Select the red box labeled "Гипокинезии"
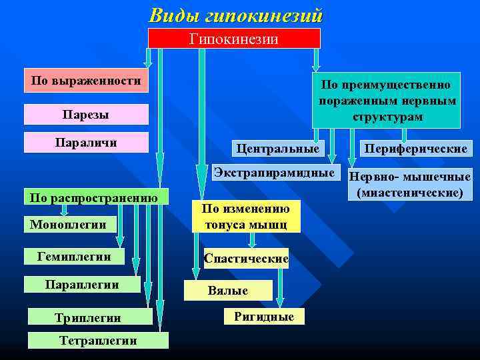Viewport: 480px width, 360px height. tap(234, 39)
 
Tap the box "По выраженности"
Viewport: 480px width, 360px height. tap(86, 81)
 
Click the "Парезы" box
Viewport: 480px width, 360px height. tap(86, 115)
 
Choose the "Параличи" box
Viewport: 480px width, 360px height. tap(86, 142)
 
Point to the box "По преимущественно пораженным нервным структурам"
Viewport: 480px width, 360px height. tap(387, 100)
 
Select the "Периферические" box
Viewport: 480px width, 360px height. tap(415, 148)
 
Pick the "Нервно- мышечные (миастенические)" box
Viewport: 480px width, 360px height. tap(409, 185)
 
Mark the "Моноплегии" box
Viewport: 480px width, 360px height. tap(69, 225)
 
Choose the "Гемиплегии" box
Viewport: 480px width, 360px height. tap(75, 257)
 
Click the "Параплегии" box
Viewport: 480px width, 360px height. tap(82, 285)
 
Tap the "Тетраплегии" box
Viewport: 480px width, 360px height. tap(98, 341)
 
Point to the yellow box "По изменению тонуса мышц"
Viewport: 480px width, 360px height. tap(246, 217)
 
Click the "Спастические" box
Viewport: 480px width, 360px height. tap(246, 259)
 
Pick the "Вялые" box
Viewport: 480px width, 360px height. tap(228, 291)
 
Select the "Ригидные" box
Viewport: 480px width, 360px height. tap(264, 317)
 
